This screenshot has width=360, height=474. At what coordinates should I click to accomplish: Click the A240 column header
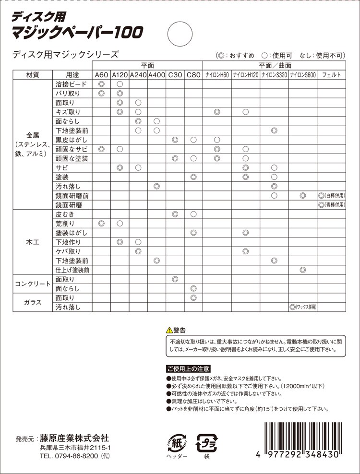(x=138, y=75)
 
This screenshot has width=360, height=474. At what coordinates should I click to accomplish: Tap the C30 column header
(x=175, y=75)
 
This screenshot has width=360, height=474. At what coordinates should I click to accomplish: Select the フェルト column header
(x=332, y=75)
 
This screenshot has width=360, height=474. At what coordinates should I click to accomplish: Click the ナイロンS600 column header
(x=303, y=75)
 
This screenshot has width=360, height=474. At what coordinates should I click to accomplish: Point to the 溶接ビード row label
(x=72, y=84)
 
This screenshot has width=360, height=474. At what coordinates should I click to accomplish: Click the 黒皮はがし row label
(x=72, y=140)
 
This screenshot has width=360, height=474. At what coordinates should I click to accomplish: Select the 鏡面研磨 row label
(x=69, y=205)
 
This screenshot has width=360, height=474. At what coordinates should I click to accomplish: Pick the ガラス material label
(x=33, y=303)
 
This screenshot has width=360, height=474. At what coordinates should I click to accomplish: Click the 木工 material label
(x=33, y=242)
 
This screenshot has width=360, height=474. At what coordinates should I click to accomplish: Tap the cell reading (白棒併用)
(x=332, y=196)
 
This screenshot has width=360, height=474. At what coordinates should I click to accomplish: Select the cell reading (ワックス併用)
(x=303, y=307)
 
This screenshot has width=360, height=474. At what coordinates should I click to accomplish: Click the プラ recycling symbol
(x=207, y=441)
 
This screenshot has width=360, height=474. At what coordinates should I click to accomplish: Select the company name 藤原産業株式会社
(x=74, y=438)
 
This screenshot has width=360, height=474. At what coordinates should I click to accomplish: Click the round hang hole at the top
(x=180, y=34)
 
